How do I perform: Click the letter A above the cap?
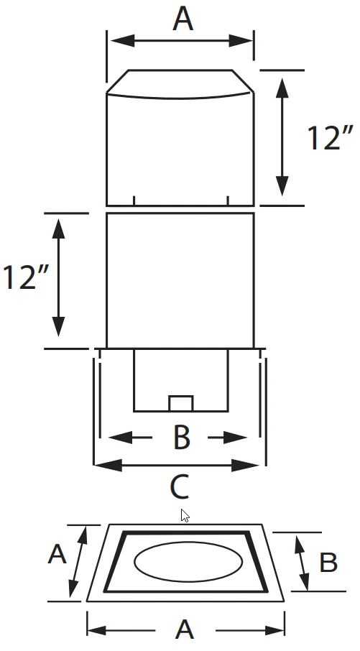click(183, 19)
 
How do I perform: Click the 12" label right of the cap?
click(330, 138)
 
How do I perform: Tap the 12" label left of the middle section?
click(26, 277)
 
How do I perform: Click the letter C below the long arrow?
click(180, 486)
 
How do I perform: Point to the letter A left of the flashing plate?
click(57, 554)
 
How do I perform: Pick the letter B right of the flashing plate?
click(328, 563)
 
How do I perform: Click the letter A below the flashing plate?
click(185, 629)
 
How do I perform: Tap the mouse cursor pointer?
click(185, 515)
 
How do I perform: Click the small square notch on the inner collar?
click(180, 404)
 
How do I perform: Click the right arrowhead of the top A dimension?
click(241, 41)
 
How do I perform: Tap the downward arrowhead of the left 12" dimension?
click(58, 327)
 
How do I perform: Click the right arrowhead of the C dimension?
click(246, 466)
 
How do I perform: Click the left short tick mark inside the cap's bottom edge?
click(134, 200)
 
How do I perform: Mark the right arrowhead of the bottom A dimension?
click(273, 630)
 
